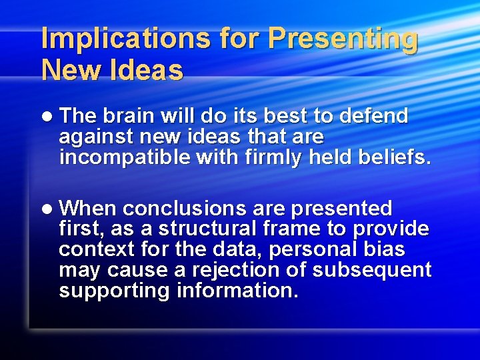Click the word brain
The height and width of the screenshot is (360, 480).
(131, 116)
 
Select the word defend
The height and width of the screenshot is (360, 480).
(373, 116)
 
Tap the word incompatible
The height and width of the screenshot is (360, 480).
(119, 158)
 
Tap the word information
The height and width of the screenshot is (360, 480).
(237, 291)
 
